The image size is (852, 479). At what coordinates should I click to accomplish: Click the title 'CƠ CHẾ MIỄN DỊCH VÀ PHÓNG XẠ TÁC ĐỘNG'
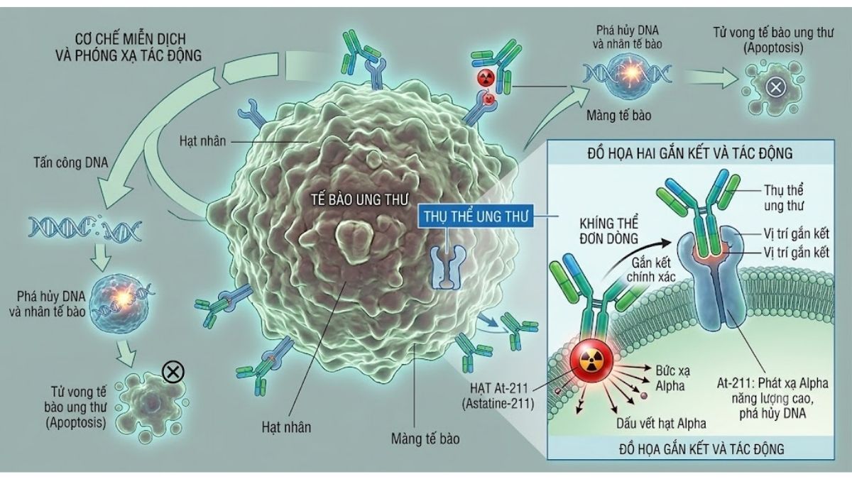click(129, 47)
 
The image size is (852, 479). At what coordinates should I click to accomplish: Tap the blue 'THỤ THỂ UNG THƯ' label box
click(476, 216)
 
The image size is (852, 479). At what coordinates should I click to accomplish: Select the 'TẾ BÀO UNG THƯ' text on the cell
click(359, 200)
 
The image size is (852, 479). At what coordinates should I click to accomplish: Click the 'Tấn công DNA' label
click(71, 163)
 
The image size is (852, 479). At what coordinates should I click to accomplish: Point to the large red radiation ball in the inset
click(591, 360)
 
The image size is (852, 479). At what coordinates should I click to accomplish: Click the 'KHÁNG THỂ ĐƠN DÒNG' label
click(608, 231)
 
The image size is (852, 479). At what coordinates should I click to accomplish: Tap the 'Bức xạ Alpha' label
click(672, 378)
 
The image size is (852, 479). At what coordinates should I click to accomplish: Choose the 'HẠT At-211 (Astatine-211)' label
click(498, 396)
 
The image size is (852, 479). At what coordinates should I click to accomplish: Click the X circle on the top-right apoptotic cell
click(775, 88)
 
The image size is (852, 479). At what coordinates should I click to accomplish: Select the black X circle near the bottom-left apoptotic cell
click(173, 371)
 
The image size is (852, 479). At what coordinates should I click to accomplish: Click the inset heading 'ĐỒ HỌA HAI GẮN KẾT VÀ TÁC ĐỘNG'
click(690, 153)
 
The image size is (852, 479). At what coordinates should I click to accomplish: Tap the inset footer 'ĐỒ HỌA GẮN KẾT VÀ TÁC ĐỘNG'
click(701, 449)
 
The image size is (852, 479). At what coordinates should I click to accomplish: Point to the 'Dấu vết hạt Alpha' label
click(662, 424)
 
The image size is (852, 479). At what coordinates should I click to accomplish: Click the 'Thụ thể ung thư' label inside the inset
click(784, 198)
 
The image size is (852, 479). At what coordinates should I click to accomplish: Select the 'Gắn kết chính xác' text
click(651, 270)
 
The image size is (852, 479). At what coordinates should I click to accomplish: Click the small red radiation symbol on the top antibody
click(486, 78)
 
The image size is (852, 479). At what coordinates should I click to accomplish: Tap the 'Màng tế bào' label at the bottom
click(425, 439)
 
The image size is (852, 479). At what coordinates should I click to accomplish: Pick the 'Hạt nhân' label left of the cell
click(202, 141)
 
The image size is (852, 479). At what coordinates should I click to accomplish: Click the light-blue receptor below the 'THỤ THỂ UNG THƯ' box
click(448, 266)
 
